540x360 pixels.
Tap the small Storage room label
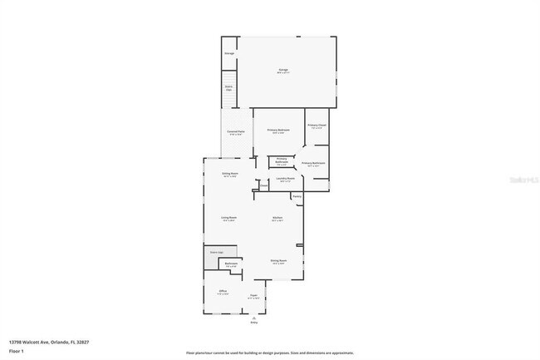229,54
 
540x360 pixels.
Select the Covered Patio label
236,131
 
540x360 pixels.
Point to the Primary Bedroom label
277,131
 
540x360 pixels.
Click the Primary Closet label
317,126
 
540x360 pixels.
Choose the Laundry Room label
285,179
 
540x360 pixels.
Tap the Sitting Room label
230,175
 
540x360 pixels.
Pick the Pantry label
296,196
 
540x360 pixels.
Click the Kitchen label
277,219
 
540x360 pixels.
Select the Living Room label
229,219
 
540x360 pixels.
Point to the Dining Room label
278,260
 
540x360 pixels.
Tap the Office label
223,292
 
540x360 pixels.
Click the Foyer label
254,295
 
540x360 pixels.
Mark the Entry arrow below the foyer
254,318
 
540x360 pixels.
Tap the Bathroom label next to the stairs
231,264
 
